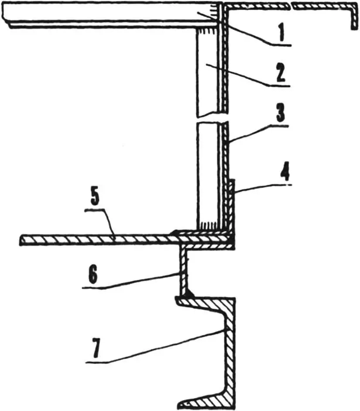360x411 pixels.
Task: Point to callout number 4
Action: pos(285,172)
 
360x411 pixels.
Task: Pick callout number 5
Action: pos(95,197)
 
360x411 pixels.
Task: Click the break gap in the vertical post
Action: pos(211,119)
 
